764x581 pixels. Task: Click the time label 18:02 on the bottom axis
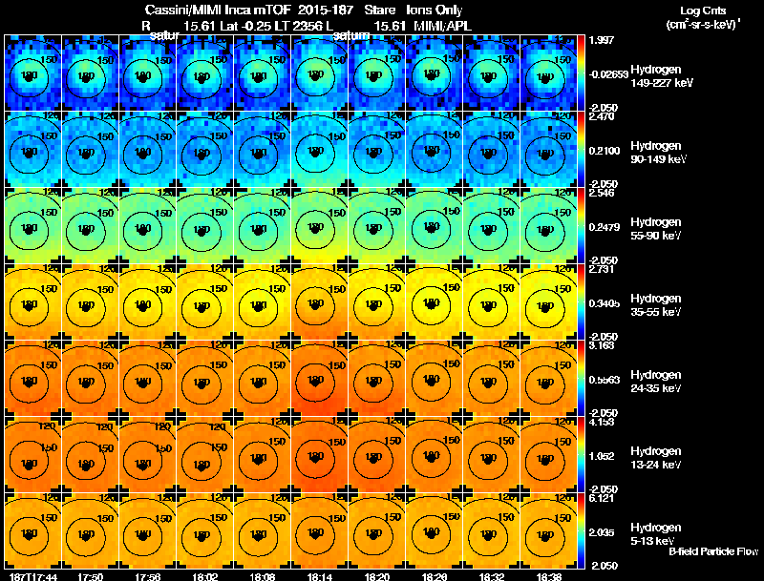pos(205,576)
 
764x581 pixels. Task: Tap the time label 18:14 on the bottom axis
pos(319,576)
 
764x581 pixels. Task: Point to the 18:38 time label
pos(548,576)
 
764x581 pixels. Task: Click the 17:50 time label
pos(91,576)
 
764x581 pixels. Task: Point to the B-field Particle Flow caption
pos(713,551)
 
